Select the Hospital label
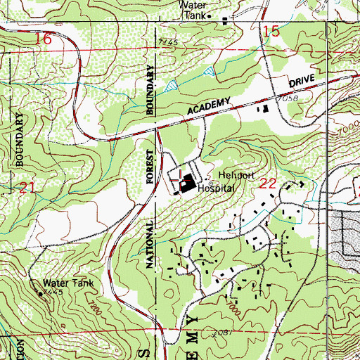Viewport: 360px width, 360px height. [x=215, y=189]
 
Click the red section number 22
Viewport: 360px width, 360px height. [x=267, y=183]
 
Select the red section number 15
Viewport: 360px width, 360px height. [x=271, y=30]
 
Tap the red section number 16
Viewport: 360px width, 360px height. [x=43, y=39]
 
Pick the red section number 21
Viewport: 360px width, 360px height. [x=27, y=188]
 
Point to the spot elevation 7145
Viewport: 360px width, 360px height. [x=167, y=44]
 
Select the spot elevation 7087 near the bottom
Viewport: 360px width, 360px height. [x=224, y=329]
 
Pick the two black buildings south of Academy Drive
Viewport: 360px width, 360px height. [x=265, y=110]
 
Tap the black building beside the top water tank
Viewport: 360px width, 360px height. [x=225, y=20]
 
